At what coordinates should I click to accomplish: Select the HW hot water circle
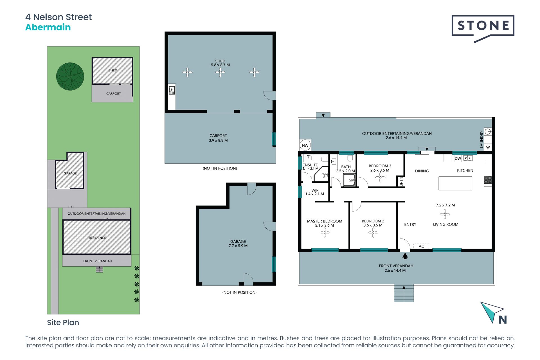click(x=305, y=145)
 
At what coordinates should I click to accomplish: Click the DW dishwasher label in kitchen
click(x=458, y=158)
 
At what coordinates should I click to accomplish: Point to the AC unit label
click(x=421, y=246)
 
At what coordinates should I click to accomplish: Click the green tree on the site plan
click(x=70, y=76)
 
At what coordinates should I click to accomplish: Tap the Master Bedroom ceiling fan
click(x=325, y=233)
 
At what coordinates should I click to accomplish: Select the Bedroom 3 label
click(x=380, y=166)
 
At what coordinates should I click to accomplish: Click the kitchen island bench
click(x=455, y=183)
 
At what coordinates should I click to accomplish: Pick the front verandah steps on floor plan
click(x=404, y=294)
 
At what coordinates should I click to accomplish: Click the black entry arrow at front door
click(x=405, y=256)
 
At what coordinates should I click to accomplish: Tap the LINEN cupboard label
click(x=401, y=182)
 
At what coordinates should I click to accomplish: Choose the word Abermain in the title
click(x=48, y=27)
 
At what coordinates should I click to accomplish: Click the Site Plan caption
click(x=63, y=322)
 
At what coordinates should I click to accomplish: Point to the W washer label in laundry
click(x=488, y=147)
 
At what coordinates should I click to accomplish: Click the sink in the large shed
click(x=172, y=91)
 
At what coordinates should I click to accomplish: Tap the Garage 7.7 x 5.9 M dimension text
click(x=238, y=246)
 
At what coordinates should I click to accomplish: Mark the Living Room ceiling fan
click(x=445, y=214)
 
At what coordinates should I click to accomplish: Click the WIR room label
click(x=315, y=190)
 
